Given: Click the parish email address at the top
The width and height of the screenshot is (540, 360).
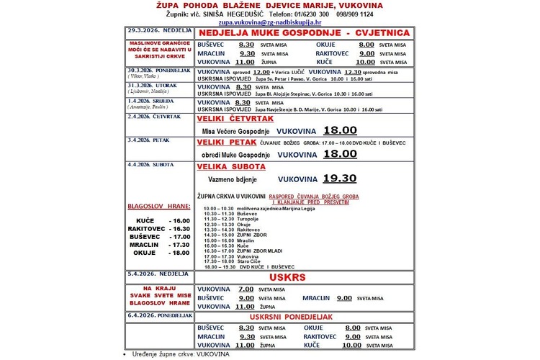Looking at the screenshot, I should [x=269, y=23].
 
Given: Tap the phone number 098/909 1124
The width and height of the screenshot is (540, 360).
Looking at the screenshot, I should [x=377, y=14].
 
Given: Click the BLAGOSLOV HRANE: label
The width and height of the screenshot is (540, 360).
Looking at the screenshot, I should [x=156, y=206].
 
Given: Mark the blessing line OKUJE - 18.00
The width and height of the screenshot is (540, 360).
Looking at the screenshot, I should [x=160, y=253].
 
